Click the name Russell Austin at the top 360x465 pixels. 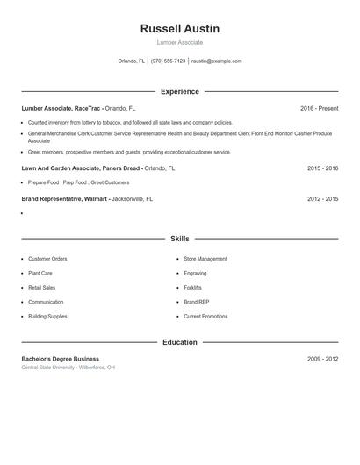[180, 29]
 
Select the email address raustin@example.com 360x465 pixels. [216, 61]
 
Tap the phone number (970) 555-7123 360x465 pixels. [168, 61]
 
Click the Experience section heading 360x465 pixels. [180, 91]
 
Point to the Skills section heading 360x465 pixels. [180, 239]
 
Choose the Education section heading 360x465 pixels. [180, 342]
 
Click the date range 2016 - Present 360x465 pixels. [319, 109]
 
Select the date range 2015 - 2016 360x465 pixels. [322, 168]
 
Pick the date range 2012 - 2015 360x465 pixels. [322, 199]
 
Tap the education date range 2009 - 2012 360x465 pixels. [322, 359]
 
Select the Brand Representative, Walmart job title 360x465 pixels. [64, 199]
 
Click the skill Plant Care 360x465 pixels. [40, 273]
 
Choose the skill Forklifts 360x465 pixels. [192, 287]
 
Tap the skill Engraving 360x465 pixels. [194, 273]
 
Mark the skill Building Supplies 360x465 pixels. [47, 316]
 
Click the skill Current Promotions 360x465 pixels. [205, 316]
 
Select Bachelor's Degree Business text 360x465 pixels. [60, 359]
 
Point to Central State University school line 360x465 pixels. [68, 368]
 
